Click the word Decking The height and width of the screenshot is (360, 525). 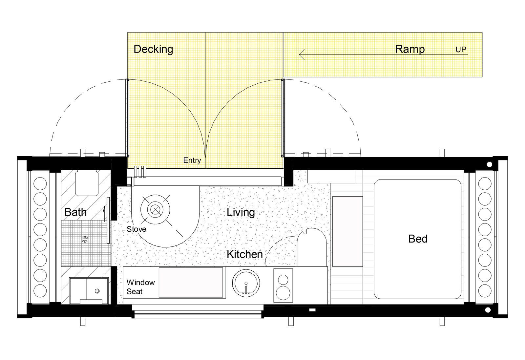pos(153,49)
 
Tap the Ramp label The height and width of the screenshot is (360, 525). pos(410,49)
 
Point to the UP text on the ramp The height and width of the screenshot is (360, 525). pos(461,50)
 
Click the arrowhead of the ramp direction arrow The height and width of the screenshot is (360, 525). pos(302,54)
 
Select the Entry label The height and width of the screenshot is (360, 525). pos(192,160)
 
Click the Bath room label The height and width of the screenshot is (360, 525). pos(75,212)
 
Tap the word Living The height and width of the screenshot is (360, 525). pos(241,212)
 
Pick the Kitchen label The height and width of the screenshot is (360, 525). pos(245,254)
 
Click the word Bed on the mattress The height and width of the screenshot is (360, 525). pos(418,239)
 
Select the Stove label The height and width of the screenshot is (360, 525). pos(136,229)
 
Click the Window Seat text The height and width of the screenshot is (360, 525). pos(141,287)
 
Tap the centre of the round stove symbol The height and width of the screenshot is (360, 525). pos(155,209)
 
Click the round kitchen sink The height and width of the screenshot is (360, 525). pos(246,283)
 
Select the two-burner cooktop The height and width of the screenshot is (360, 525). pos(283,286)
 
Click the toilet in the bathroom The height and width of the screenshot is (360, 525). pos(87,183)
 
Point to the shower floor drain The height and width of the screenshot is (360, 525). pos(85,239)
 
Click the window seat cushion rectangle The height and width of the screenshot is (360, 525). pos(191,283)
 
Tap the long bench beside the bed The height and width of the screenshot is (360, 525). pos(347,232)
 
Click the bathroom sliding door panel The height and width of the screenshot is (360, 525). pos(108,220)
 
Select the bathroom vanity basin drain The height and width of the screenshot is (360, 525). pos(97,291)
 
